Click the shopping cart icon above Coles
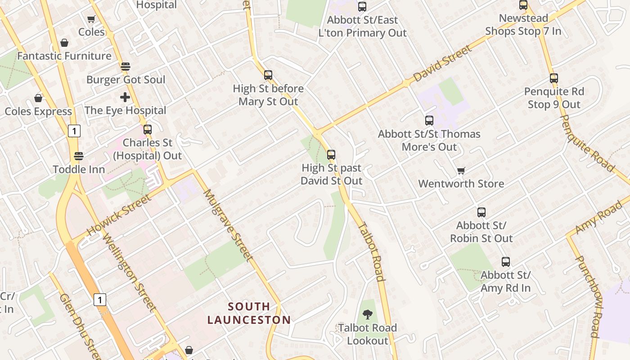tap(91, 19)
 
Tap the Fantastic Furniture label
tap(64, 56)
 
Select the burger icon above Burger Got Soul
tap(126, 67)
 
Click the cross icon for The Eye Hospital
tap(125, 97)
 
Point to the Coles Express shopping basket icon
tap(38, 98)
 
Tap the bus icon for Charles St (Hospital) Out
tap(148, 130)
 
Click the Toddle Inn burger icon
tap(79, 156)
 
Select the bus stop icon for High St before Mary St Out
tap(268, 75)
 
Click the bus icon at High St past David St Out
tap(331, 155)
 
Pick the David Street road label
tap(442, 63)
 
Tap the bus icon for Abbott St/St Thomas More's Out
tap(429, 121)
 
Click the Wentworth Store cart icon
tap(461, 171)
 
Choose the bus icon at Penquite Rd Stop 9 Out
tap(554, 78)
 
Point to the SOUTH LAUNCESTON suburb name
tap(249, 313)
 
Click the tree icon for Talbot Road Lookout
tap(368, 315)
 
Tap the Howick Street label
tap(119, 215)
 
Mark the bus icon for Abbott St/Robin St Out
tap(481, 212)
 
